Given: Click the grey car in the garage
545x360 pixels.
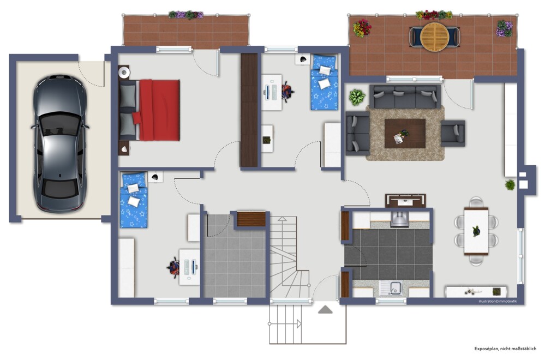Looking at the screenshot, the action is click(x=59, y=143).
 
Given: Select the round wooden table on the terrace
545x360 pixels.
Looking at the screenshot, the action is click(x=434, y=37).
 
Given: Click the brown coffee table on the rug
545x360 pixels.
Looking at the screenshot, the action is click(x=405, y=134).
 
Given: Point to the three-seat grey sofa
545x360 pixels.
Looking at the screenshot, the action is click(x=405, y=96).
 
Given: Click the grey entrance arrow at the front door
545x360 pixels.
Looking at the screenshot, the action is click(x=325, y=309).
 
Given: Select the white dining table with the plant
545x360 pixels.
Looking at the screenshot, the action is click(x=476, y=231).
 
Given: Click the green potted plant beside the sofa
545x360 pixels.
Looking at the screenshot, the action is click(x=357, y=97).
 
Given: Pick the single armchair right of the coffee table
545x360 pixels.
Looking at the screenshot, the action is click(x=453, y=133).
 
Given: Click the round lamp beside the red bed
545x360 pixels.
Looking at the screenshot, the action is click(x=124, y=73).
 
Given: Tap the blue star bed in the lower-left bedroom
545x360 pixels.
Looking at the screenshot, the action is click(x=134, y=200).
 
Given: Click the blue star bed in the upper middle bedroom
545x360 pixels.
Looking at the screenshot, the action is click(x=325, y=82).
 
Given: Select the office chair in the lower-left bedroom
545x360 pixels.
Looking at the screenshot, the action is click(x=174, y=267).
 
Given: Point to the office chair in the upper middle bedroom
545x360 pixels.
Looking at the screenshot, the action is click(x=287, y=92).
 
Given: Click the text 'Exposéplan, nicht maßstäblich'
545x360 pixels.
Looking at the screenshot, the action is click(x=505, y=349).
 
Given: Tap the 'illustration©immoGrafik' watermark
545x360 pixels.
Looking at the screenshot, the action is click(x=498, y=301).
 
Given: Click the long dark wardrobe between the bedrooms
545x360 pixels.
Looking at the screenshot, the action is click(x=249, y=110).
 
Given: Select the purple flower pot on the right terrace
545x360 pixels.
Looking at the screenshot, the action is click(x=504, y=28).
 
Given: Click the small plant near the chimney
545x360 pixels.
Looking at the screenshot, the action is click(x=510, y=184).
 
